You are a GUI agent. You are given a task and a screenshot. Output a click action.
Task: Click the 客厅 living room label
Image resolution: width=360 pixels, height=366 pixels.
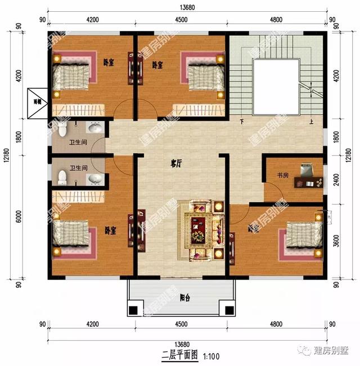[x=176, y=164]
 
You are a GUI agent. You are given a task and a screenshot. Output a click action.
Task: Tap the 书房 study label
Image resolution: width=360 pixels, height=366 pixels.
[x=282, y=175]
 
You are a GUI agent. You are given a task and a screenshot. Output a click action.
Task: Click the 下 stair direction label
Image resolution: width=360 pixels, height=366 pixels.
[x=242, y=121]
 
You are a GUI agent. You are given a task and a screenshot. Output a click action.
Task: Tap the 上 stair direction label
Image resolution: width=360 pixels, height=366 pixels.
[x=310, y=121]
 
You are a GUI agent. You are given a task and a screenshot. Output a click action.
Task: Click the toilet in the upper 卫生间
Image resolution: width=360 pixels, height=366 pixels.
[x=62, y=130]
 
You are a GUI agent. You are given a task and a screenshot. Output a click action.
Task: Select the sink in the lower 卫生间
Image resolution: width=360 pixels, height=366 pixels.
[x=96, y=179]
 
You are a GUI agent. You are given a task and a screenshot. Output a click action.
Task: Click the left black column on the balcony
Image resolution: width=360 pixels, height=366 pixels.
[x=134, y=310]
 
